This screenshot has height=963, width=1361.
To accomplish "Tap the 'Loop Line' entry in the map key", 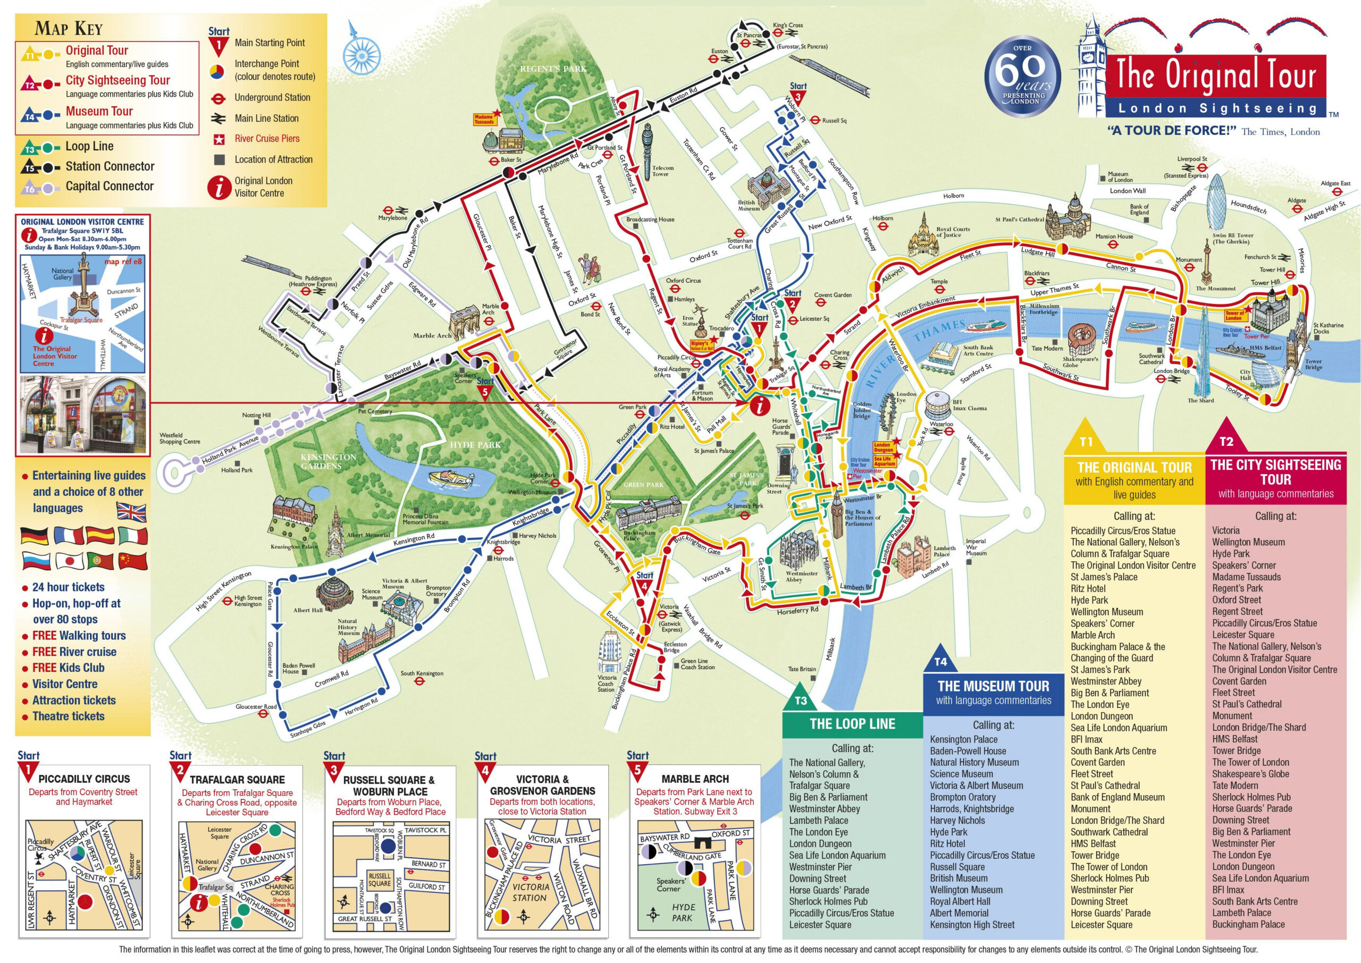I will tap(89, 147).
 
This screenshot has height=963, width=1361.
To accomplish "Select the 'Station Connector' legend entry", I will tap(110, 167).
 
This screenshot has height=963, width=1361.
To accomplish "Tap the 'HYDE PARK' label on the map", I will tap(475, 444).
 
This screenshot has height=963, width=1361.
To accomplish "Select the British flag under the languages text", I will tap(131, 511).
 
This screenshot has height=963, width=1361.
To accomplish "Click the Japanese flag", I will tap(69, 560).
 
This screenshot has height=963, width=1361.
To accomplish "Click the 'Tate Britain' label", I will tap(802, 669).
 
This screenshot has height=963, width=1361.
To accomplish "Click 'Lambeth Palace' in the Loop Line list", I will tap(818, 820).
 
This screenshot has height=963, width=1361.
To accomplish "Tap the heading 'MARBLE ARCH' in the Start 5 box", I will tap(694, 779).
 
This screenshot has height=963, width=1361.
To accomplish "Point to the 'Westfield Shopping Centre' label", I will tap(180, 438).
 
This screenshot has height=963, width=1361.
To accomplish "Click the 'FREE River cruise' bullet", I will tap(74, 652).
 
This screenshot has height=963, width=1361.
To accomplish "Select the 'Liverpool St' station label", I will tap(1192, 159).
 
